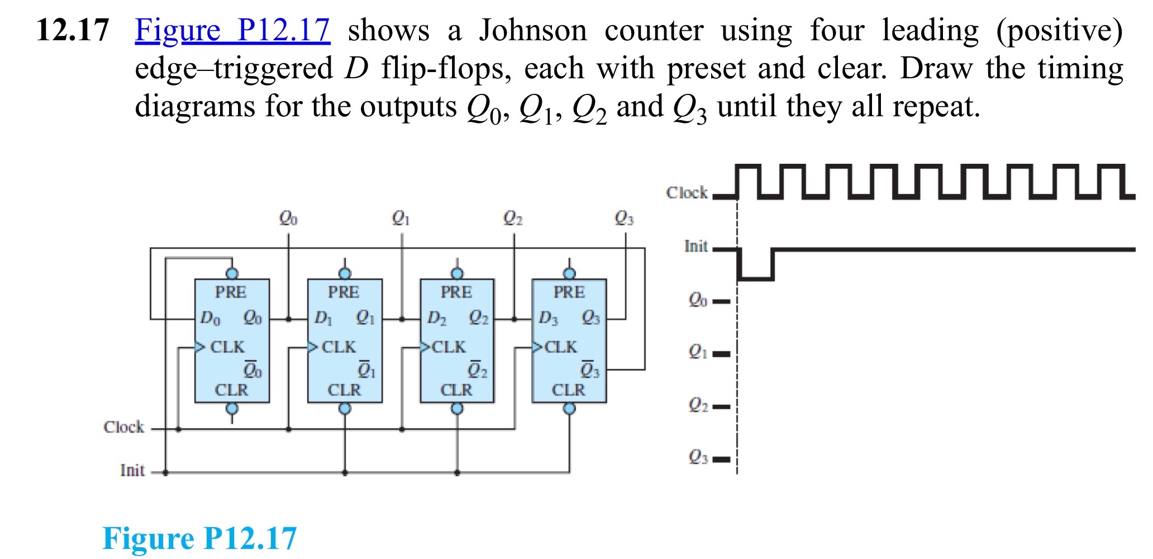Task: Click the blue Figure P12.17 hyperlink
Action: [x=232, y=30]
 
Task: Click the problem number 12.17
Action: [x=73, y=30]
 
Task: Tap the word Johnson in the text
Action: [x=533, y=30]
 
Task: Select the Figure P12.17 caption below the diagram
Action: [x=199, y=538]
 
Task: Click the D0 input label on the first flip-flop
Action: [x=210, y=319]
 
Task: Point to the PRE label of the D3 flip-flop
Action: [x=569, y=292]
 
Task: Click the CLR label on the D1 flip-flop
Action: [x=344, y=390]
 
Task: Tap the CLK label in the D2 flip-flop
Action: [x=449, y=347]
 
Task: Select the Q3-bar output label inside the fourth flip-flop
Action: [x=590, y=370]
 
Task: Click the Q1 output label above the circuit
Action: [x=401, y=217]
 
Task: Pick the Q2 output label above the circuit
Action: [x=513, y=217]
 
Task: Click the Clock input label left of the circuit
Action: [x=124, y=427]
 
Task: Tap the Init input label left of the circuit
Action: [x=132, y=471]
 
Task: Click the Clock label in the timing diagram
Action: [x=687, y=193]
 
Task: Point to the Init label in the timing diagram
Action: [x=696, y=247]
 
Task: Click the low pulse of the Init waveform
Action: [x=756, y=276]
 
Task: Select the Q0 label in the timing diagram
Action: [x=698, y=300]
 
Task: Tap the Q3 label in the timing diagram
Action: [x=698, y=458]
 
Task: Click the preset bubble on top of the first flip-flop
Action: [x=232, y=273]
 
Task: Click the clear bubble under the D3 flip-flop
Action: [x=569, y=409]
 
